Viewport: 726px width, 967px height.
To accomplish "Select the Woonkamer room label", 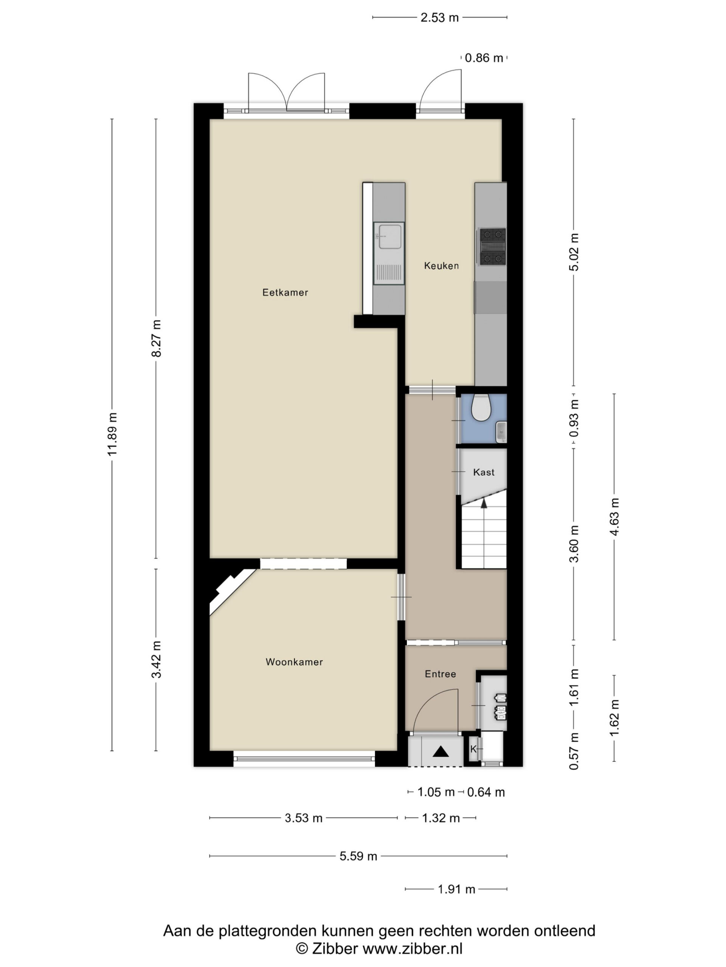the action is [294, 662].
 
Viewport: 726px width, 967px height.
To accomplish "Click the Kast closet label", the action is [484, 472].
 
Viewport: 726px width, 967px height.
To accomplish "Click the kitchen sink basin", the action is [389, 236].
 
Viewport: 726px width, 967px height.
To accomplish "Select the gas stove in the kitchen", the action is [492, 247].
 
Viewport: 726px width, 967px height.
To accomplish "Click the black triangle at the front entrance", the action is [441, 751].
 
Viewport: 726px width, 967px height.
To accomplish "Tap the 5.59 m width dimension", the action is [358, 856].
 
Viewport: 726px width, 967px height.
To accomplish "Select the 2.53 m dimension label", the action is [439, 17].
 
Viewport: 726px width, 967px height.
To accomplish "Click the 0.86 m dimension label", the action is [484, 58].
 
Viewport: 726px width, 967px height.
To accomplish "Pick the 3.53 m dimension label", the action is [303, 817].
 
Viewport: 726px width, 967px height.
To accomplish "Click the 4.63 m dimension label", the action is [614, 516].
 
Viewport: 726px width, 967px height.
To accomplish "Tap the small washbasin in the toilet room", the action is [501, 431].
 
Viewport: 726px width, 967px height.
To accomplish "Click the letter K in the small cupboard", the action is [473, 749].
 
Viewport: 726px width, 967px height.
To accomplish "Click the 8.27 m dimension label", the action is [156, 338].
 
